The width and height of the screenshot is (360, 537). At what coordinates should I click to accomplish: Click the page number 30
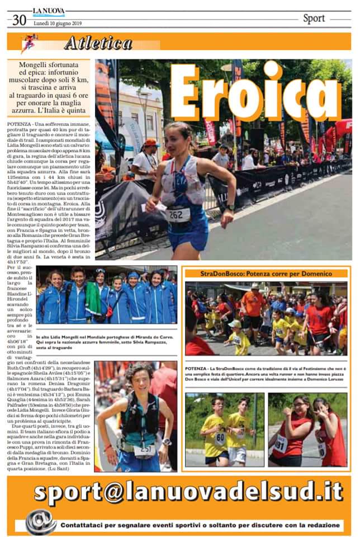pyautogui.click(x=19, y=20)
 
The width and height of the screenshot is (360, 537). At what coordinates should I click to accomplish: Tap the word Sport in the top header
pyautogui.click(x=314, y=18)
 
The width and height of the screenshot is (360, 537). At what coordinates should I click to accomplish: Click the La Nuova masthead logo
pyautogui.click(x=49, y=11)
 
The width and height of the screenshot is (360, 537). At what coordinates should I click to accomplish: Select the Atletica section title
pyautogui.click(x=98, y=43)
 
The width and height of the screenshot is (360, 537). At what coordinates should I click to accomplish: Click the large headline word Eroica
pyautogui.click(x=255, y=92)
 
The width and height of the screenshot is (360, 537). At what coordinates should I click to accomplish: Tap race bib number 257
pyautogui.click(x=145, y=449)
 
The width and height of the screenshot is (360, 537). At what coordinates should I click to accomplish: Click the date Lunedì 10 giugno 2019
pyautogui.click(x=57, y=23)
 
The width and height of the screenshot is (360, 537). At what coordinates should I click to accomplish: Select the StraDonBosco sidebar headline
pyautogui.click(x=266, y=274)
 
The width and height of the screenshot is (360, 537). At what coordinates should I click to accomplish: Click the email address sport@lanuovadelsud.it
pyautogui.click(x=188, y=492)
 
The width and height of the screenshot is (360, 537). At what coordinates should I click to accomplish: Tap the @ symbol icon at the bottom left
pyautogui.click(x=41, y=521)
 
